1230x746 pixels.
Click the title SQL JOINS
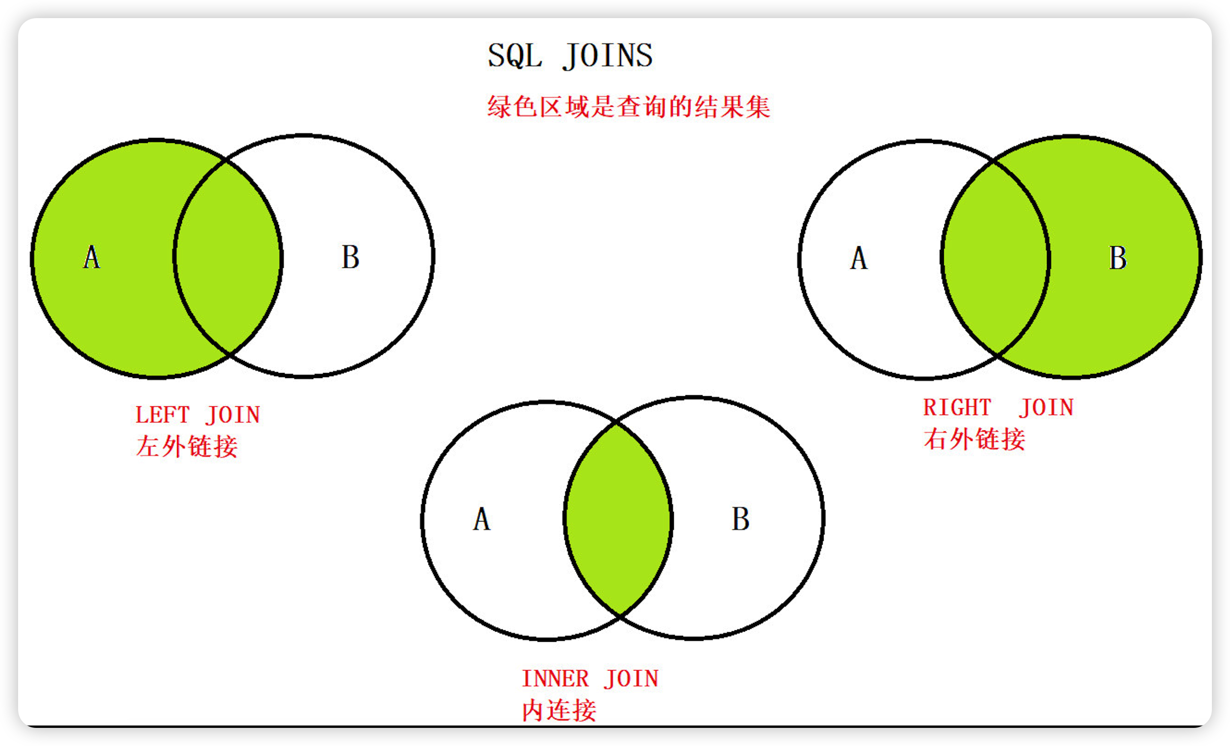[570, 56]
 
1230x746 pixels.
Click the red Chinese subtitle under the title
[629, 107]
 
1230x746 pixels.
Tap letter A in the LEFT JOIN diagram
[92, 257]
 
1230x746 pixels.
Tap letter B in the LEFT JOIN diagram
[350, 257]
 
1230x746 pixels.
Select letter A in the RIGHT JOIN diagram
[859, 258]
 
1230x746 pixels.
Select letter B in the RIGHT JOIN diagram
[1118, 258]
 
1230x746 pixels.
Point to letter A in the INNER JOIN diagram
[482, 519]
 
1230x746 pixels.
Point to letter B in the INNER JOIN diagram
[741, 519]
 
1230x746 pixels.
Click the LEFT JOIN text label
[198, 415]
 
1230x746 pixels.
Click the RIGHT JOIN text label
[998, 408]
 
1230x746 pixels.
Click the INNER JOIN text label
[590, 679]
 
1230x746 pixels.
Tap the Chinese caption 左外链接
[187, 446]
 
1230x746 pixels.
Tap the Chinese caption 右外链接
[974, 439]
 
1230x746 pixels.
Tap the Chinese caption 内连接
[559, 710]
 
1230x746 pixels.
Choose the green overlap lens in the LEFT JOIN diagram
[228, 257]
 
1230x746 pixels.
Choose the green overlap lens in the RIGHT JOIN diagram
[996, 258]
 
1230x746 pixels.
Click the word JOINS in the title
[607, 56]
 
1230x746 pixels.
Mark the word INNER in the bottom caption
[555, 679]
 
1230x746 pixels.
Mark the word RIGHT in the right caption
[957, 408]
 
